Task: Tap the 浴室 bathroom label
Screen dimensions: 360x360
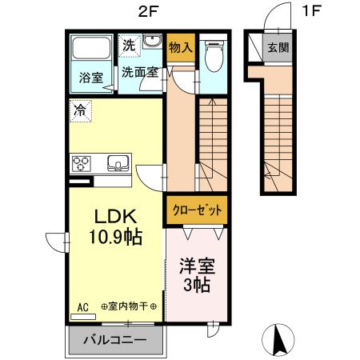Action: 90,78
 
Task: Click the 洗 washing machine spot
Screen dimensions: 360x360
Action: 129,46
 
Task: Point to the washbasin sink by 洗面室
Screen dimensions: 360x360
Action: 152,43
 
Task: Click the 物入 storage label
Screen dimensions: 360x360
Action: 181,48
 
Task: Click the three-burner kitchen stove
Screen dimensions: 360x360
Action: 82,165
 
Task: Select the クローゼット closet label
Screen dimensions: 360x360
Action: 196,211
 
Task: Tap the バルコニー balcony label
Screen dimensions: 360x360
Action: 117,340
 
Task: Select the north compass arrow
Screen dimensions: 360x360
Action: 281,341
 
